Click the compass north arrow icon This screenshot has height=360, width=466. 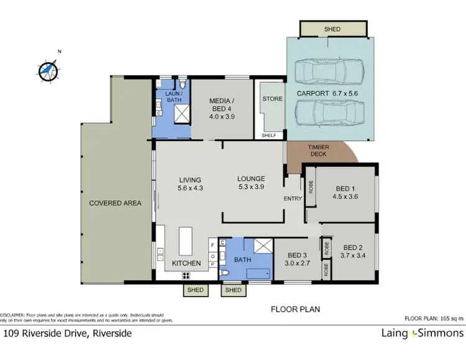[48, 70]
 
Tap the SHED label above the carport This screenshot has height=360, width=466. [331, 29]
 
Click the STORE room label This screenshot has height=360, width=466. [272, 99]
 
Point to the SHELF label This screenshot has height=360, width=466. [268, 134]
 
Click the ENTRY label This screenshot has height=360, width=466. [293, 199]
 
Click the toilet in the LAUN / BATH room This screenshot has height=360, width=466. [181, 85]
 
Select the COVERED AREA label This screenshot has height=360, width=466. [115, 203]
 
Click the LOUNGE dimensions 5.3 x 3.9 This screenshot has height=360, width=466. [251, 187]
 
